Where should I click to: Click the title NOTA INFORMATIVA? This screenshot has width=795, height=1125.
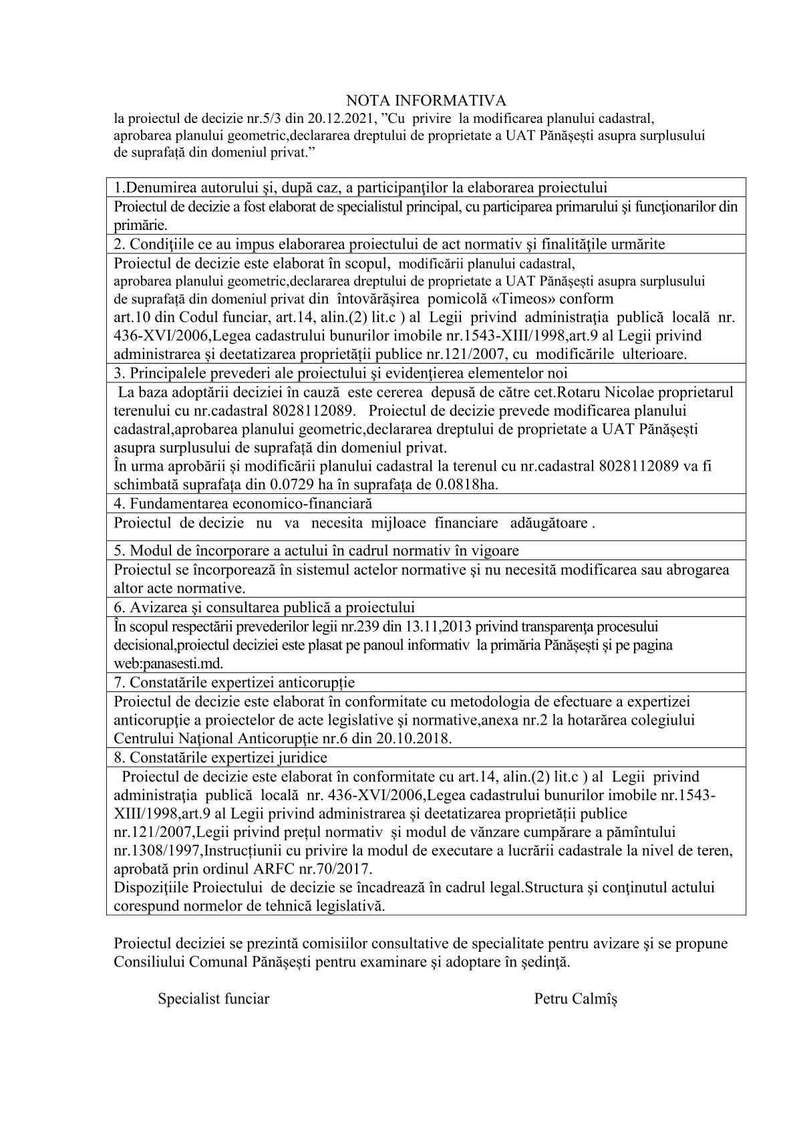coord(426,100)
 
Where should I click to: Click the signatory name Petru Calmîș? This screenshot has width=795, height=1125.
coord(575,999)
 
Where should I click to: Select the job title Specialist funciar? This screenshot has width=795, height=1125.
coord(213,999)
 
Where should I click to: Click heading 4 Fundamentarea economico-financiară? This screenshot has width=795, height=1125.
coord(243,503)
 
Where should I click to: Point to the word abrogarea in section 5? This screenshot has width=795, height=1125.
coord(695,570)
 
